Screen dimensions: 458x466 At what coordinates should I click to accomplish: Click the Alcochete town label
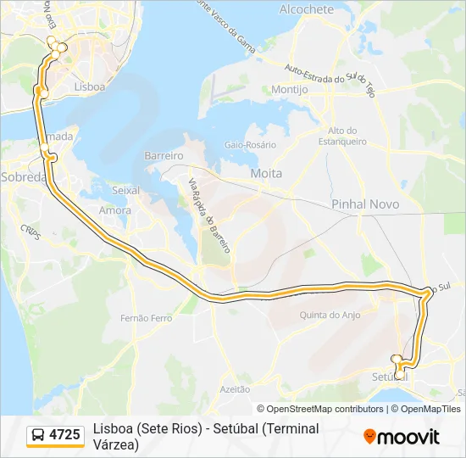306,9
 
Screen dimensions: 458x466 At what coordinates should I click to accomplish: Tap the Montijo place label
289,89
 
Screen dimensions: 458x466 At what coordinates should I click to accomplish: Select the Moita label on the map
266,173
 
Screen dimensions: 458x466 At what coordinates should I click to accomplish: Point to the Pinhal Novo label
359,204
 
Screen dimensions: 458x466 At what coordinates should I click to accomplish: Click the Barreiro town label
164,156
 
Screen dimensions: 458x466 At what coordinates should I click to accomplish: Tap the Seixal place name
125,190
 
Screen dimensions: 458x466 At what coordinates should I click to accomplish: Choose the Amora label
115,209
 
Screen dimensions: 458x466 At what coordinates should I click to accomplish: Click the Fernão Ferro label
147,318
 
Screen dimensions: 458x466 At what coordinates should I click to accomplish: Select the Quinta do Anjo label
330,315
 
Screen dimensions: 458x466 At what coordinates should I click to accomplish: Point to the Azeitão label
235,388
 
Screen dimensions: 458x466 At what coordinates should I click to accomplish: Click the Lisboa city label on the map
89,87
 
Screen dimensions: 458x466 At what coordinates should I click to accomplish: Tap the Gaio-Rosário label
250,145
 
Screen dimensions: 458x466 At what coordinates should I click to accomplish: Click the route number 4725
65,435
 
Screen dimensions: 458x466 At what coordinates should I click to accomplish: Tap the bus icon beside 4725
39,436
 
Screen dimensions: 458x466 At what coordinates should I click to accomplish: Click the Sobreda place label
24,177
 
